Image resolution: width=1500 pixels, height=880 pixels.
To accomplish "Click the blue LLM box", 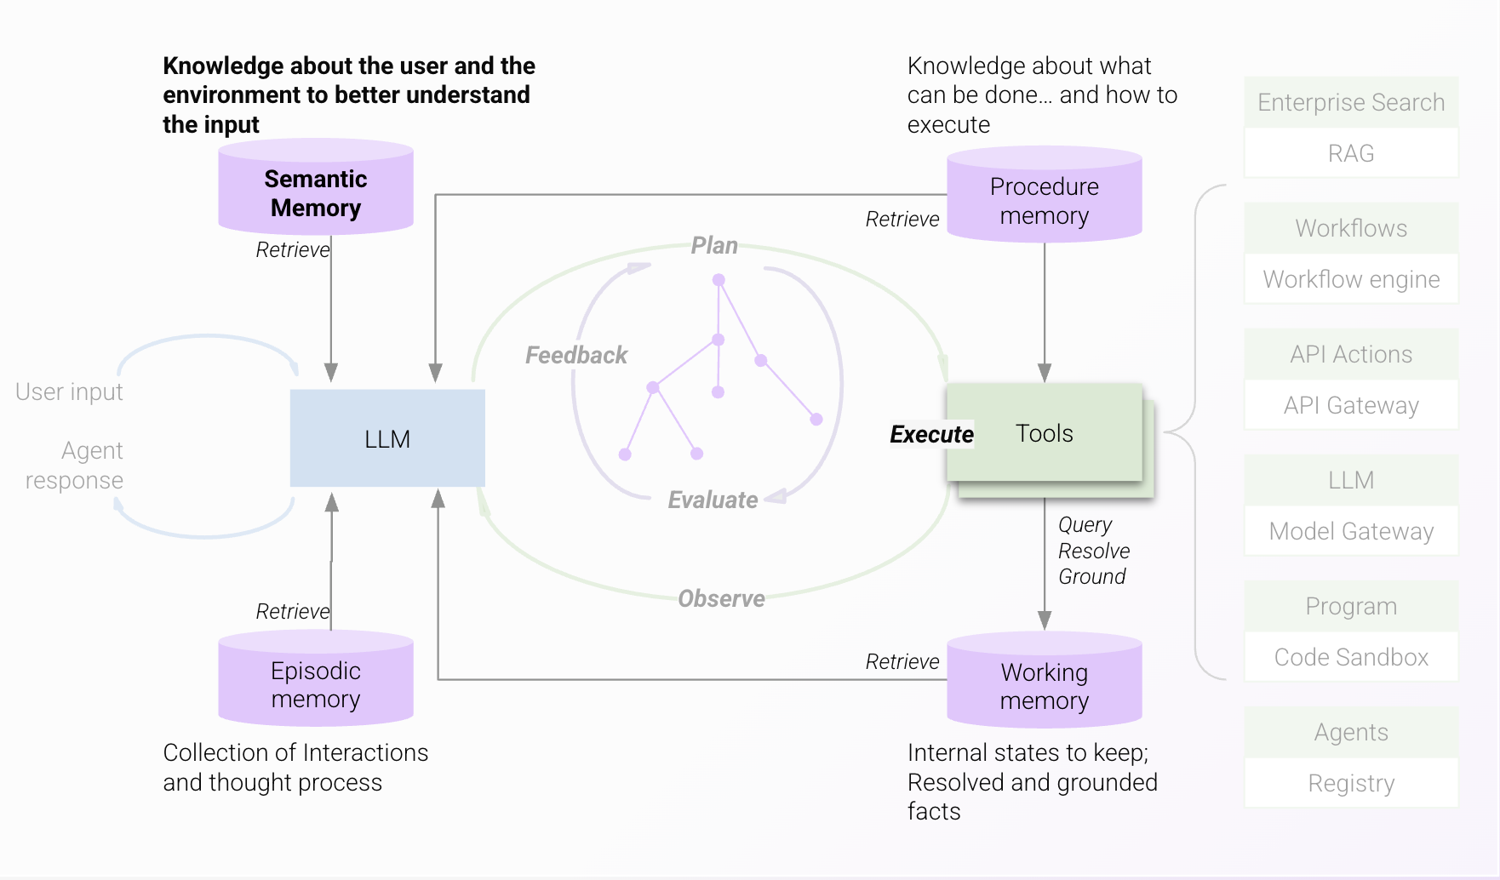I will tap(387, 438).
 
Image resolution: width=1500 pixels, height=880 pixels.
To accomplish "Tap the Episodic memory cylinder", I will tap(316, 681).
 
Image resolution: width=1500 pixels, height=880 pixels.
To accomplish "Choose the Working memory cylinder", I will tap(1045, 683).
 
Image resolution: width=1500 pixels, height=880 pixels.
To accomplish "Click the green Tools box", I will tap(1045, 433).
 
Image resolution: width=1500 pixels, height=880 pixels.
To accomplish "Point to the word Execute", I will tap(931, 434).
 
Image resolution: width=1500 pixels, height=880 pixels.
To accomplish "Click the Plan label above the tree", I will tap(714, 246).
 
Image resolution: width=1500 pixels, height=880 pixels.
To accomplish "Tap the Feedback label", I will tap(576, 355).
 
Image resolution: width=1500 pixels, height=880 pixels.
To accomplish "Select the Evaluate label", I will tap(713, 500).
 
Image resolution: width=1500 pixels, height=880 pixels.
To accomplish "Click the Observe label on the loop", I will tap(721, 598).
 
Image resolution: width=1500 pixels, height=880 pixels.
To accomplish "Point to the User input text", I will tap(69, 391).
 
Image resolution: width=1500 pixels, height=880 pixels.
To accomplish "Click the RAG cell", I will tap(1351, 153).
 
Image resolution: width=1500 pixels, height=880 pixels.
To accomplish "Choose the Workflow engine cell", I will tap(1351, 279).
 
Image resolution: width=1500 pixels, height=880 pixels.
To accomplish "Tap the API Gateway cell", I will tap(1351, 405).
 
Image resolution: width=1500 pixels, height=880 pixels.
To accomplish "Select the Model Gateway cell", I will tap(1351, 531).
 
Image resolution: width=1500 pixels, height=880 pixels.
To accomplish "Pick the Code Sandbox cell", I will tap(1351, 657).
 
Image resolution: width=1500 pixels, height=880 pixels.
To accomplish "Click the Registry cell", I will tap(1351, 783).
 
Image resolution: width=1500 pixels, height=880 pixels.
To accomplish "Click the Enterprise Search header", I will tap(1351, 102).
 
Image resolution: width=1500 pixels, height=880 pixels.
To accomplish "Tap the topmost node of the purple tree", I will tap(719, 280).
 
